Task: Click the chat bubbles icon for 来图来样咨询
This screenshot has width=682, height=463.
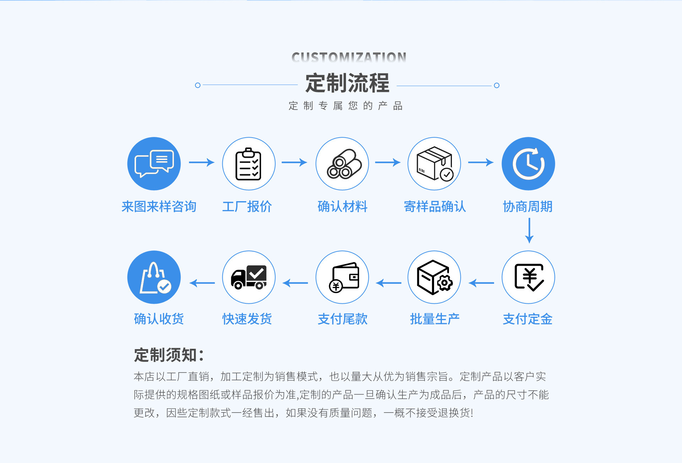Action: pos(154,164)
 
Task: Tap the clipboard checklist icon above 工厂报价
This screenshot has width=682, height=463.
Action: pos(249,164)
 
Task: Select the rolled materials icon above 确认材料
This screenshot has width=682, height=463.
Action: pos(342,164)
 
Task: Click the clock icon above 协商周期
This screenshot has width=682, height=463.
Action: pos(528,164)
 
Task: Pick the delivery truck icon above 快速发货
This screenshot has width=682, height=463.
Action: pos(249,277)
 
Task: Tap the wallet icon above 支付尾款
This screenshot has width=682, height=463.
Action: pos(342,277)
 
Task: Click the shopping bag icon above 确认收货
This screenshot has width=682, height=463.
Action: pos(154,277)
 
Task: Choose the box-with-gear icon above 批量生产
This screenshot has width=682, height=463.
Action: pos(434,277)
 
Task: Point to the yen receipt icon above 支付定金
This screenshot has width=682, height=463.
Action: pos(528,277)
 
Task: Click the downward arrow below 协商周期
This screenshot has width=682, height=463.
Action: pos(529,231)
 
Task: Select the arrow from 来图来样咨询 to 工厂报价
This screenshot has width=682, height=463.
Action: pos(201,162)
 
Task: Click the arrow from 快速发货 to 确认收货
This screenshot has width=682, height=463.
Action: pos(202,283)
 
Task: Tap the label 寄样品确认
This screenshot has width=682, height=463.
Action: pos(435,206)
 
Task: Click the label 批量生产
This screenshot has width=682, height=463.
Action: pos(435,319)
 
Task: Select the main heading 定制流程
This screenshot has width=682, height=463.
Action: pos(347,83)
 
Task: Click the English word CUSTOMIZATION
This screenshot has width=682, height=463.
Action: pos(349,57)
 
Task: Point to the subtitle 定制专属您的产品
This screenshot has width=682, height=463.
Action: pos(345,106)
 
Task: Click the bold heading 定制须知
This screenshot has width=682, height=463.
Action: pos(169,355)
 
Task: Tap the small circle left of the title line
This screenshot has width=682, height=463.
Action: pos(198,85)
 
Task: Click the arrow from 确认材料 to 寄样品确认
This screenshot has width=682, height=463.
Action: pos(388,162)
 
